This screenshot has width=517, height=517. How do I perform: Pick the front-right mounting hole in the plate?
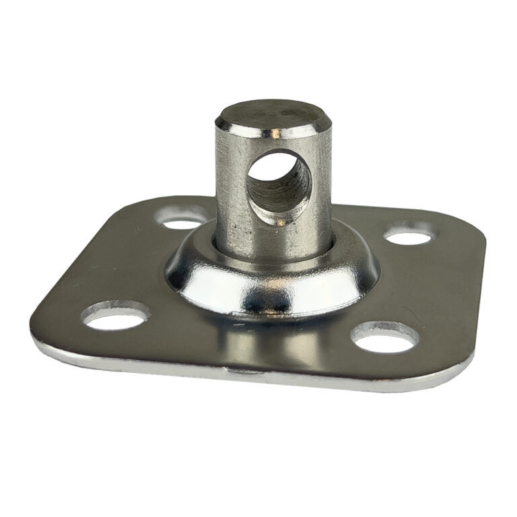pos(384,339)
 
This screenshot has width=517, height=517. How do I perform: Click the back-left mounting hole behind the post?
pos(180,218)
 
